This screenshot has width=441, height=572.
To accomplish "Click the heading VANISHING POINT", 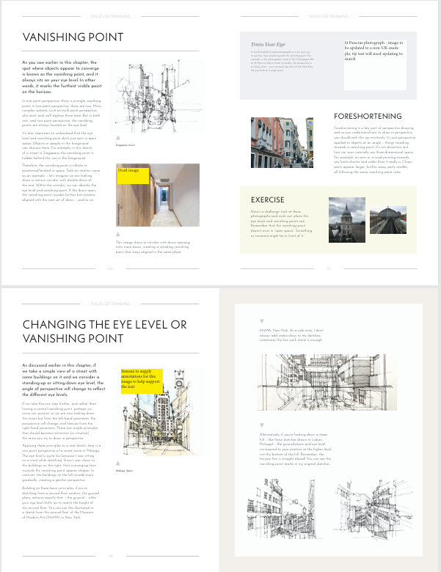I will (x=73, y=37).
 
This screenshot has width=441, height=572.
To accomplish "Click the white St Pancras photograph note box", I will (x=375, y=64).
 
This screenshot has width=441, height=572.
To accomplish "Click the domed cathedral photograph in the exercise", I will (x=346, y=220).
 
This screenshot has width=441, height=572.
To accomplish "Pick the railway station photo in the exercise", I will (x=388, y=219).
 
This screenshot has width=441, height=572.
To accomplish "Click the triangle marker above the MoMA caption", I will (x=262, y=320).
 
